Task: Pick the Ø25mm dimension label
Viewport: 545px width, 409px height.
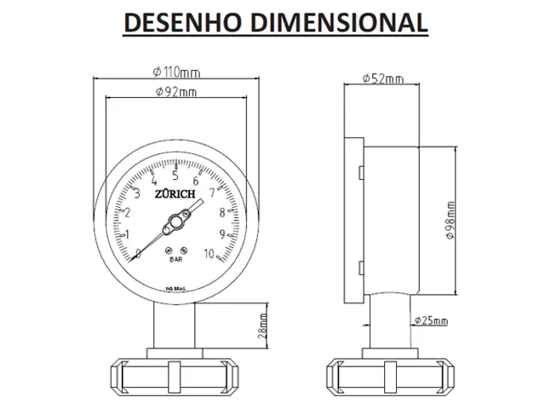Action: pos(431,320)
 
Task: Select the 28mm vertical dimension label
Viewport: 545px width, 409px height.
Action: pos(262,325)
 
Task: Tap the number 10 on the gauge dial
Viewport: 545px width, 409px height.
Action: pos(211,252)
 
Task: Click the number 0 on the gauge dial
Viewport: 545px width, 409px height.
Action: pos(138,252)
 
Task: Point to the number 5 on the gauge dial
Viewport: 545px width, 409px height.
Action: pos(175,176)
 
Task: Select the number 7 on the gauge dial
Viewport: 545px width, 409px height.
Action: pos(211,193)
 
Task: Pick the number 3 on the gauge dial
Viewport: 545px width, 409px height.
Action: pos(138,193)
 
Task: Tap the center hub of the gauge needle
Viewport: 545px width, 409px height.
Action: pos(174,223)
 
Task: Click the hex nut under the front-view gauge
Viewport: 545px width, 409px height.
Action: pos(174,372)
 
